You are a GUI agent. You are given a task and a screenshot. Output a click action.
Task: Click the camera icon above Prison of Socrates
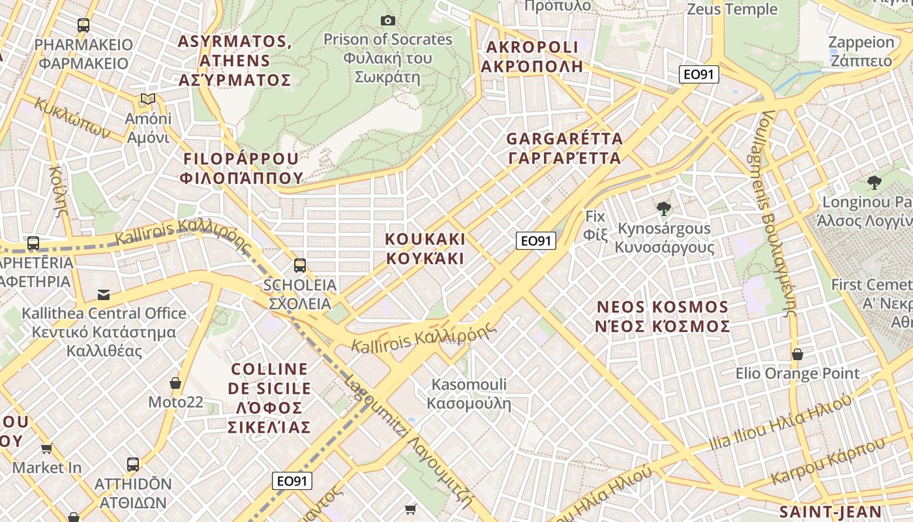pyautogui.click(x=388, y=21)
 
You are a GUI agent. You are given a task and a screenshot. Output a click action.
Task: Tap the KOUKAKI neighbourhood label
pyautogui.click(x=425, y=249)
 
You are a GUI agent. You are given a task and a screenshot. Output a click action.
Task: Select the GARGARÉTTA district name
pyautogui.click(x=564, y=148)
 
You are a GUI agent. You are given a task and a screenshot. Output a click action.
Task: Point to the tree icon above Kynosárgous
pyautogui.click(x=664, y=209)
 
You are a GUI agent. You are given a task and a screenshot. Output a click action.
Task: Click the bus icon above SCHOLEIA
pyautogui.click(x=299, y=266)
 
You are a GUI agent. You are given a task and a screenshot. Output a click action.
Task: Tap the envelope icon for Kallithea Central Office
pyautogui.click(x=104, y=294)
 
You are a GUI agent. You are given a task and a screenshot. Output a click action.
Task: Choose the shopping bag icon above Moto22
pyautogui.click(x=175, y=382)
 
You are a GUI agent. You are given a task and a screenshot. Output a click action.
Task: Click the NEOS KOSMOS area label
pyautogui.click(x=663, y=316)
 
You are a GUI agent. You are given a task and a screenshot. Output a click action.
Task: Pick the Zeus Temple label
pyautogui.click(x=732, y=9)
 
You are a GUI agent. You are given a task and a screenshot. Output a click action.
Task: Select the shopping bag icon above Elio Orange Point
pyautogui.click(x=797, y=354)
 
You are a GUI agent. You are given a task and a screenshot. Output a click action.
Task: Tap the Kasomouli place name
pyautogui.click(x=469, y=393)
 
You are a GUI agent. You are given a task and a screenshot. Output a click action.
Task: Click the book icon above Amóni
pyautogui.click(x=148, y=99)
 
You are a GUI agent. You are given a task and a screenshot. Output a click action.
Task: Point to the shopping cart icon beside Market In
pyautogui.click(x=46, y=448)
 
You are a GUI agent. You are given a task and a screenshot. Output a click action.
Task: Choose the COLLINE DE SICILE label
pyautogui.click(x=269, y=397)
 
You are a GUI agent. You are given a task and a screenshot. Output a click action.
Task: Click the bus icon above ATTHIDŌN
pyautogui.click(x=133, y=465)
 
